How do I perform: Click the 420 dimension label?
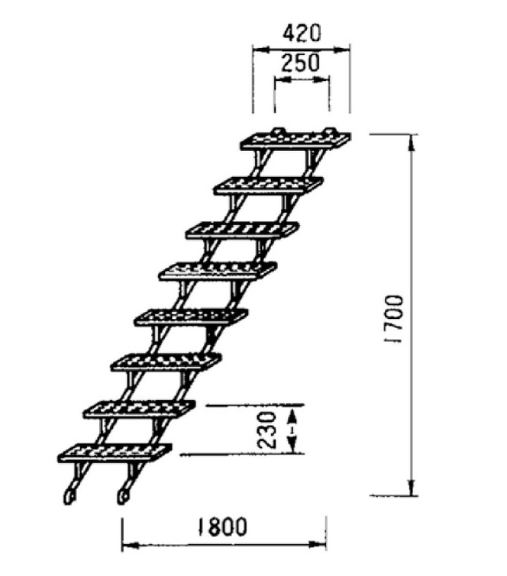coord(302,34)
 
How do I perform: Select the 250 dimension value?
coord(300,63)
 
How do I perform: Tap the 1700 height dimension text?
coord(394,318)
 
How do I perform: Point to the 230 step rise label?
coord(267,430)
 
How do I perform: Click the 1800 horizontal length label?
coord(222,526)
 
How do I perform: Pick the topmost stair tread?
coord(295,140)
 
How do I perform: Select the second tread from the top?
coord(269,185)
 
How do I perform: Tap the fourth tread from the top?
coord(218,272)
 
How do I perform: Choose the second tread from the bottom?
coord(139,410)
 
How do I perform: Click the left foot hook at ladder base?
coord(69,496)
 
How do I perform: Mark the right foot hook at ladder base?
coord(123,496)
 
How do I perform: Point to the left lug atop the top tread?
coord(278,131)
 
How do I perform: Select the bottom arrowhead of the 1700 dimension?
coord(412,488)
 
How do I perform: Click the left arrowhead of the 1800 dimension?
coord(130,545)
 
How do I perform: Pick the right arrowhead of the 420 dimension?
coord(341,50)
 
